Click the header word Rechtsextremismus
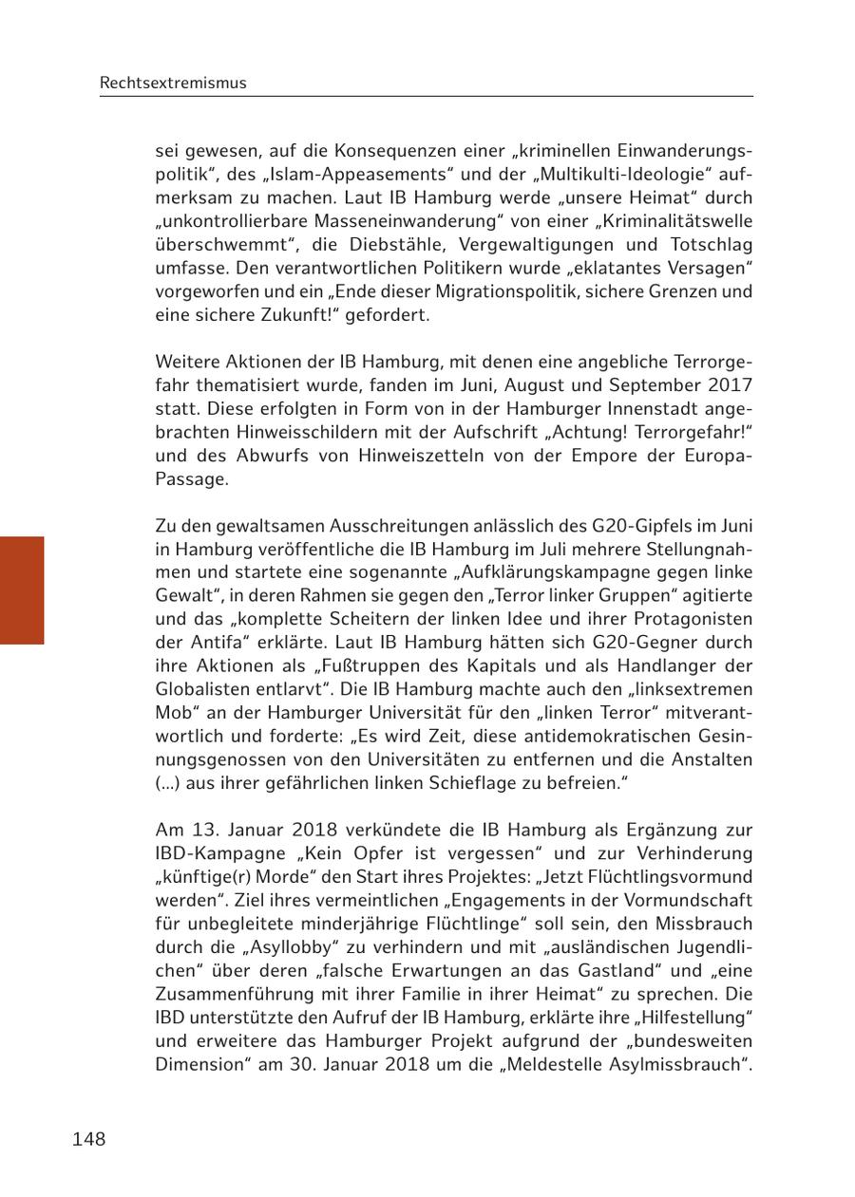pos(172,83)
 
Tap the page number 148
pos(88,1139)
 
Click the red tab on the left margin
pos(22,590)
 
